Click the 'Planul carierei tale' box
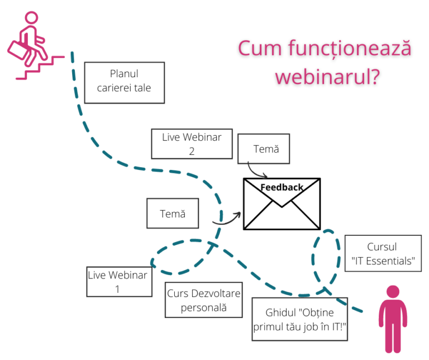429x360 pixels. pos(124,82)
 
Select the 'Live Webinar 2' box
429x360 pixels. pos(192,144)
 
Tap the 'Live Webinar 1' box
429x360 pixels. pos(118,282)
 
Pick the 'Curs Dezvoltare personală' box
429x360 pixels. pos(204,301)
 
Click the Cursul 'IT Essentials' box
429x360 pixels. pos(383,253)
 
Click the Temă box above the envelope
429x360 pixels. pos(264,149)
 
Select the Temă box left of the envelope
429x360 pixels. pos(172,213)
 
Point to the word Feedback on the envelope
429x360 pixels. pos(282,187)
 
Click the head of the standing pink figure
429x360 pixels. pos(393,291)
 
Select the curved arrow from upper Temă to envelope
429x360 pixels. pos(256,169)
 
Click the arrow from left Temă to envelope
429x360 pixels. pos(227,220)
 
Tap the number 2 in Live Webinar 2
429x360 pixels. pos(192,151)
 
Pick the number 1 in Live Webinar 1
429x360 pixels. pos(118,289)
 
